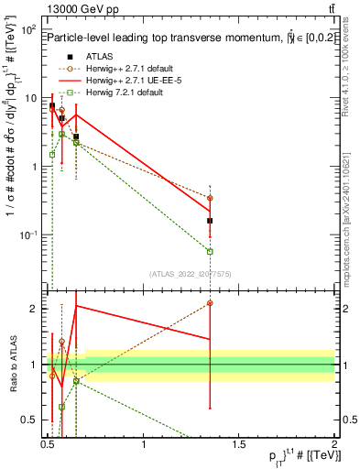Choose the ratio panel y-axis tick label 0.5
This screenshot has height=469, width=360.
(30, 421)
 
